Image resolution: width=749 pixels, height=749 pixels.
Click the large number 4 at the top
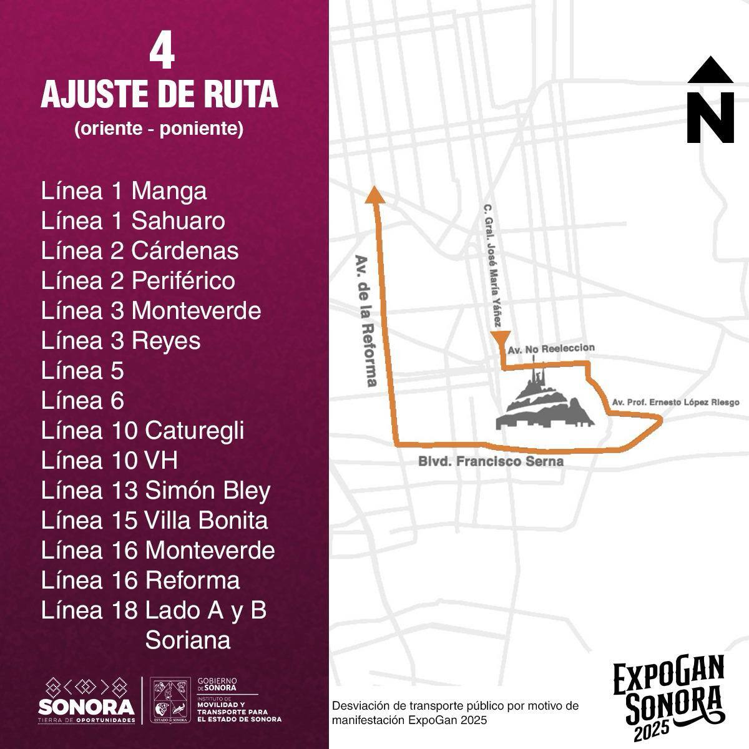point(162,54)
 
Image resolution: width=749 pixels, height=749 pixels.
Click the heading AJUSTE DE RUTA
point(159,95)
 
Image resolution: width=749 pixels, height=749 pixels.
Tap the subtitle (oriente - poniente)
point(159,129)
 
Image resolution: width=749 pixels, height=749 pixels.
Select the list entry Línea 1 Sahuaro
point(133,221)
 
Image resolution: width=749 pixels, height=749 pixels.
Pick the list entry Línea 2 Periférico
point(138,281)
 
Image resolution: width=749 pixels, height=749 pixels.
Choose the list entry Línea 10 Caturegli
point(142,431)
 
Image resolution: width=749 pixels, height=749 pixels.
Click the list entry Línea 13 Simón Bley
point(155,491)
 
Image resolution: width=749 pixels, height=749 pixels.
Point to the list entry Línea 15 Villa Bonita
point(154,521)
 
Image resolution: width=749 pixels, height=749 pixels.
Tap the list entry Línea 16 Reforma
point(140,580)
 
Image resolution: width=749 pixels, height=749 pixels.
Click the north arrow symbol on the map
point(710,100)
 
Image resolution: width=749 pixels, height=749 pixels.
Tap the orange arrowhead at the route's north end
point(375,195)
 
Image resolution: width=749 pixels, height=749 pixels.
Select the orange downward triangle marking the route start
point(500,338)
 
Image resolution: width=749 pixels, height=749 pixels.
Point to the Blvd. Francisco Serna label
point(491,462)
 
